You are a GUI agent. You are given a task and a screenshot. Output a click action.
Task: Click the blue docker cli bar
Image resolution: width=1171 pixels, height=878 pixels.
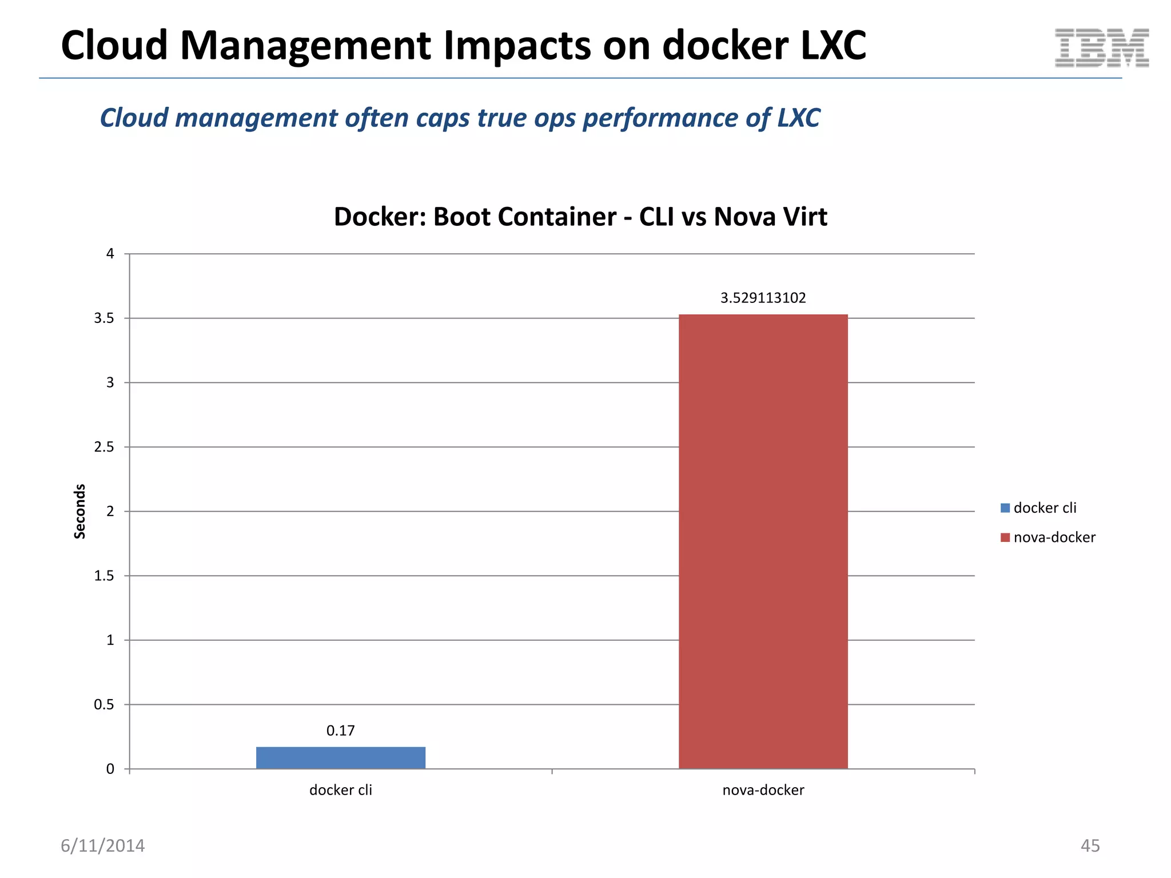coord(341,757)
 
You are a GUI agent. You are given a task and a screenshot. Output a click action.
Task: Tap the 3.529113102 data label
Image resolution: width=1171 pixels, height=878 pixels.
coord(763,298)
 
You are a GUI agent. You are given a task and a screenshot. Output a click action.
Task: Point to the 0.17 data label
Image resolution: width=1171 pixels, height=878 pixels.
coord(340,731)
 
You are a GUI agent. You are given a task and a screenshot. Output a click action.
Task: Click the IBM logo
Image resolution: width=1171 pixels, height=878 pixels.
coord(1101,48)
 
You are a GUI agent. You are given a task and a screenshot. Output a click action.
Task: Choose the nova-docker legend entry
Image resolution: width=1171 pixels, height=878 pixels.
coord(1048,537)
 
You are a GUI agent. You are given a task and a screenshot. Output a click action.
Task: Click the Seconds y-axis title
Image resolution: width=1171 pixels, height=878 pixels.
coord(80,511)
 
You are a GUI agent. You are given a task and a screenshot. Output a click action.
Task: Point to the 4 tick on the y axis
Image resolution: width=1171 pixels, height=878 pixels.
coord(110,254)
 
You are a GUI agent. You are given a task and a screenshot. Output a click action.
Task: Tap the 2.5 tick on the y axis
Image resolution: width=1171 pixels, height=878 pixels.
coord(104,447)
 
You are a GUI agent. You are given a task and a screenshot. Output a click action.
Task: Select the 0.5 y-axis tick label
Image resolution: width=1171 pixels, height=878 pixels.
coord(104,705)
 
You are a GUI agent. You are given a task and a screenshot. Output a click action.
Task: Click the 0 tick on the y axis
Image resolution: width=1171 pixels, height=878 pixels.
coord(110,769)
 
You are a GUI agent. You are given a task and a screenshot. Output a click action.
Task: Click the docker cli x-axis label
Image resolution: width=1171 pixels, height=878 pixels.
coord(340,790)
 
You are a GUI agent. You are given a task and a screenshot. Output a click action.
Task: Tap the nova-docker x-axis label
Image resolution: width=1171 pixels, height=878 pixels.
coord(763,790)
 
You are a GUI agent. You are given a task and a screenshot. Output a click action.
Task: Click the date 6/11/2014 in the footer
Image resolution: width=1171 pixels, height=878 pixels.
coord(103,845)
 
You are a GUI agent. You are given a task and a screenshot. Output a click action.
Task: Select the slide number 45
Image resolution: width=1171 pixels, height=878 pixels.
coord(1090,845)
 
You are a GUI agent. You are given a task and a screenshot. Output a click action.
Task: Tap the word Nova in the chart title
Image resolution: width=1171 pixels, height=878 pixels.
coord(742,217)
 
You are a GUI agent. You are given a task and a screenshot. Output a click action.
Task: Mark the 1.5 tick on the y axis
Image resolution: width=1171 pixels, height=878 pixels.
coord(104,576)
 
